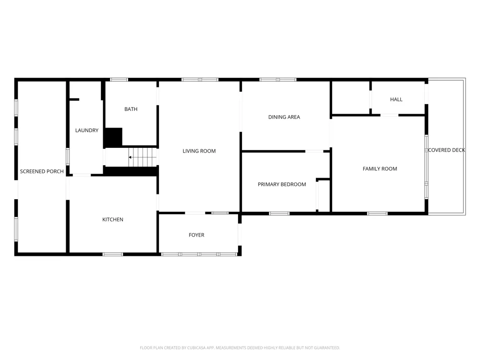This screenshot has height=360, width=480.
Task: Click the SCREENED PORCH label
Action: coord(42,171)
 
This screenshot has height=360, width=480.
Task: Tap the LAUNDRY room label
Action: coord(87,131)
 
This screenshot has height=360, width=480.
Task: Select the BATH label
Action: coord(131,109)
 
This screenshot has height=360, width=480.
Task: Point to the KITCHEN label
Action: coord(113,219)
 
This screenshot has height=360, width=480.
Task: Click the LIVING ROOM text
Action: coord(199,151)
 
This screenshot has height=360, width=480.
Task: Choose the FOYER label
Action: coord(196,235)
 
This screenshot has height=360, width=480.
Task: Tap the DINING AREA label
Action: coord(284,117)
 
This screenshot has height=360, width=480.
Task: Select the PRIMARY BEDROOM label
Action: coord(282,184)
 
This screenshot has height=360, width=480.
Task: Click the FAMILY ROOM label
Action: coord(380,168)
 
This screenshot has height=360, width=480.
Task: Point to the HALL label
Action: coord(396,99)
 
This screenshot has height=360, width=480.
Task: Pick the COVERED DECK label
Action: coord(446,150)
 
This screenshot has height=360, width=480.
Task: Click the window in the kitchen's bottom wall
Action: coord(113,254)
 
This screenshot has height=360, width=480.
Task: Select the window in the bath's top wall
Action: coord(119,80)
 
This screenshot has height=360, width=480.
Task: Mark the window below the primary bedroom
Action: coord(279,214)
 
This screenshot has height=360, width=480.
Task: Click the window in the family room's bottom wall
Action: coord(377,214)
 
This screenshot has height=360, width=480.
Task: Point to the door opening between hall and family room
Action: coord(389,115)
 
